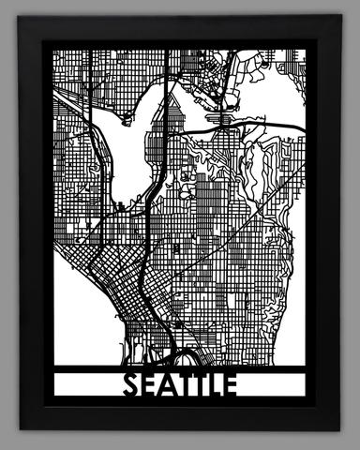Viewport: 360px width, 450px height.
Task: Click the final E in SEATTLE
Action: coord(231,384)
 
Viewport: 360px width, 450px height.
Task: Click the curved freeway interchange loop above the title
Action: coord(183,357)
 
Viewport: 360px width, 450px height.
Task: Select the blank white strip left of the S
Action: coord(89,384)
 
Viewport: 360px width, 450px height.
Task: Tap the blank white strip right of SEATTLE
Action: coord(272,384)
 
